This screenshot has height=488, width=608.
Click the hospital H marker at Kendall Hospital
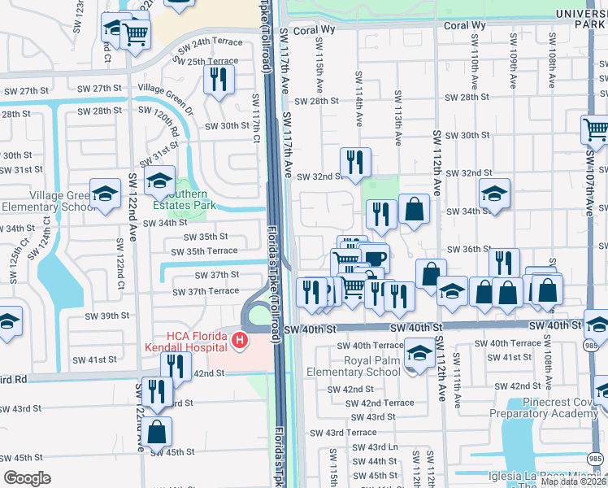tap(239, 340)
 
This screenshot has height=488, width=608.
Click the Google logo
tap(27, 478)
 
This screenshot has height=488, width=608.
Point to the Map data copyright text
tap(573, 481)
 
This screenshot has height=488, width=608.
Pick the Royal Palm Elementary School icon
tap(419, 354)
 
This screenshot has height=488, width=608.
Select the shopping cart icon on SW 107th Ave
tap(596, 129)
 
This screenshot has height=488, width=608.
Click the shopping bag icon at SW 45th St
tap(158, 430)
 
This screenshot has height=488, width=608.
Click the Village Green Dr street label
tap(166, 88)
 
